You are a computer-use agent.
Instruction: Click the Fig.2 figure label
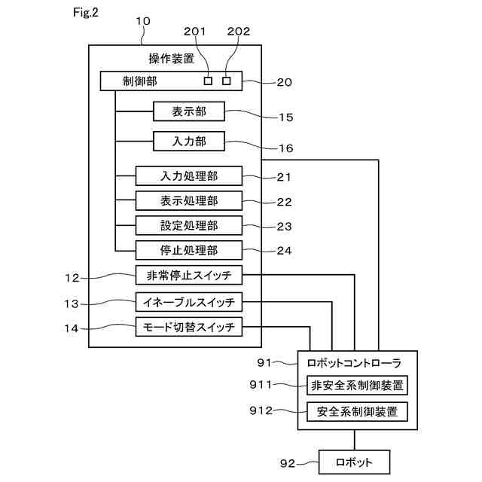tap(85, 13)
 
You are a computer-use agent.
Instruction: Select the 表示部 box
tap(189, 111)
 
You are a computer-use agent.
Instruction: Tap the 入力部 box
tap(189, 142)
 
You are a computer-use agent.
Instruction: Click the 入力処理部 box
tap(189, 175)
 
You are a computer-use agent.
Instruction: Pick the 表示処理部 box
tap(189, 201)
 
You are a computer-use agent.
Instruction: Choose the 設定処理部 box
tap(189, 225)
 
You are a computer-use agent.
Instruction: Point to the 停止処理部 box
tap(189, 250)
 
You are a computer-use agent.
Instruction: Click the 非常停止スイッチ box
tap(189, 275)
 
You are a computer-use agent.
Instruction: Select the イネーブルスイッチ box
tap(189, 302)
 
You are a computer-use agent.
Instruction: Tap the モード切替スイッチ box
tap(189, 327)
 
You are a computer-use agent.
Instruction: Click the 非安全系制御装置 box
tap(357, 385)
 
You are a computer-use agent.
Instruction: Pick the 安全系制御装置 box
tap(357, 412)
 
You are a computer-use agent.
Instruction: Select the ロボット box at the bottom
tap(354, 462)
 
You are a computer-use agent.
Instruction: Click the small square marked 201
tap(208, 81)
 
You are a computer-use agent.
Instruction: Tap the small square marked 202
tap(227, 81)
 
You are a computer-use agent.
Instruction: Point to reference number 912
tap(261, 410)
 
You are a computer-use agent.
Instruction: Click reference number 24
tap(284, 251)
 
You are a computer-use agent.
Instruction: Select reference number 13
tap(72, 304)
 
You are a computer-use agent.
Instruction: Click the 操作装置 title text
tap(172, 59)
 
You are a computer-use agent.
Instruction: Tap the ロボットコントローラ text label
tap(354, 363)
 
